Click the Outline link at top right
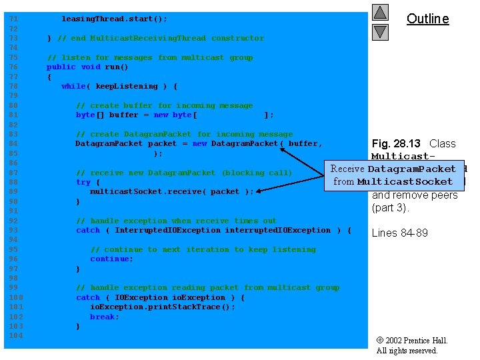pos(427,19)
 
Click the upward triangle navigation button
pos(380,13)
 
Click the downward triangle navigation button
pos(380,31)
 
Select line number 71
pos(13,19)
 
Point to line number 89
pos(13,191)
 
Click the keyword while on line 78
pos(73,86)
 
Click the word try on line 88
pos(83,182)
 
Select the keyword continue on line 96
pos(111,259)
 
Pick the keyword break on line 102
pos(104,317)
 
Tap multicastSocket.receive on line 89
pos(145,191)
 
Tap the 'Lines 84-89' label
pos(400,233)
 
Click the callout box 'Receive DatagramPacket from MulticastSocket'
pos(393,175)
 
